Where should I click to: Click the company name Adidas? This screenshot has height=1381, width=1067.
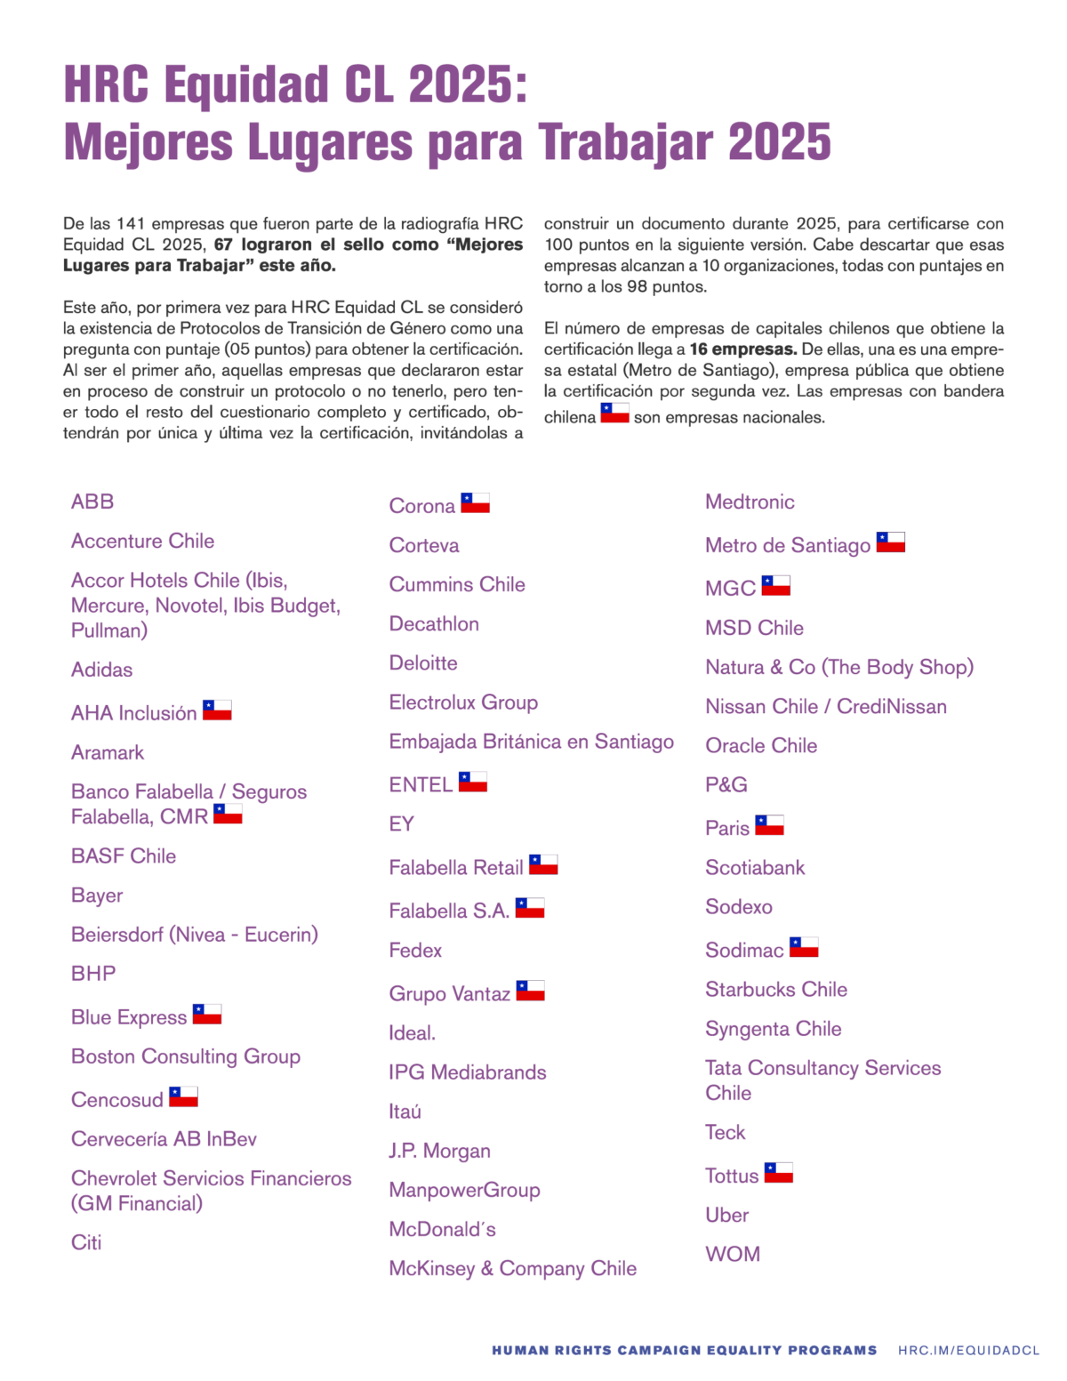point(101,670)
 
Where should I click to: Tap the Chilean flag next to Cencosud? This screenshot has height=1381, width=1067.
point(183,1096)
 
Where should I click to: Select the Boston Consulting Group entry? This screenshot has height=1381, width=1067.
point(186,1056)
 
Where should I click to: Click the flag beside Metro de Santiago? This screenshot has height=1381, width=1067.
point(890,542)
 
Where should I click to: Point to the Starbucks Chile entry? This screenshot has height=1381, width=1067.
point(775,990)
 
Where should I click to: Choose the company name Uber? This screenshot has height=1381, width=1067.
point(726,1215)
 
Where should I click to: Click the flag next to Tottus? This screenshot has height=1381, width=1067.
point(778,1173)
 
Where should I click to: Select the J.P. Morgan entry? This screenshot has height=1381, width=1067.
point(439,1151)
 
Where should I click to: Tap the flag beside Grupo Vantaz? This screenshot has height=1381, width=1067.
point(530,991)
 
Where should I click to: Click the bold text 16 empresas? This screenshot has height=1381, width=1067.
point(742,349)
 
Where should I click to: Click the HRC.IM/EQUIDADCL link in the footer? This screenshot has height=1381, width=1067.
point(968,1350)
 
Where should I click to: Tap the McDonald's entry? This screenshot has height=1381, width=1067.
point(442,1229)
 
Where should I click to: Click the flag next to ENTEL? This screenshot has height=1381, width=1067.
point(472,782)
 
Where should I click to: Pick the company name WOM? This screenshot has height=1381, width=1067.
point(733,1254)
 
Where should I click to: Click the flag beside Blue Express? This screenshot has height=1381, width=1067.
point(207,1014)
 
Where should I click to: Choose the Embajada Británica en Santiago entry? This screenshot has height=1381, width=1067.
point(531,742)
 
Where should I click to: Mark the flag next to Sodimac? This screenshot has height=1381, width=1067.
point(804,947)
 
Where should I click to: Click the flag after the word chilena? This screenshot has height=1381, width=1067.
point(614,413)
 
